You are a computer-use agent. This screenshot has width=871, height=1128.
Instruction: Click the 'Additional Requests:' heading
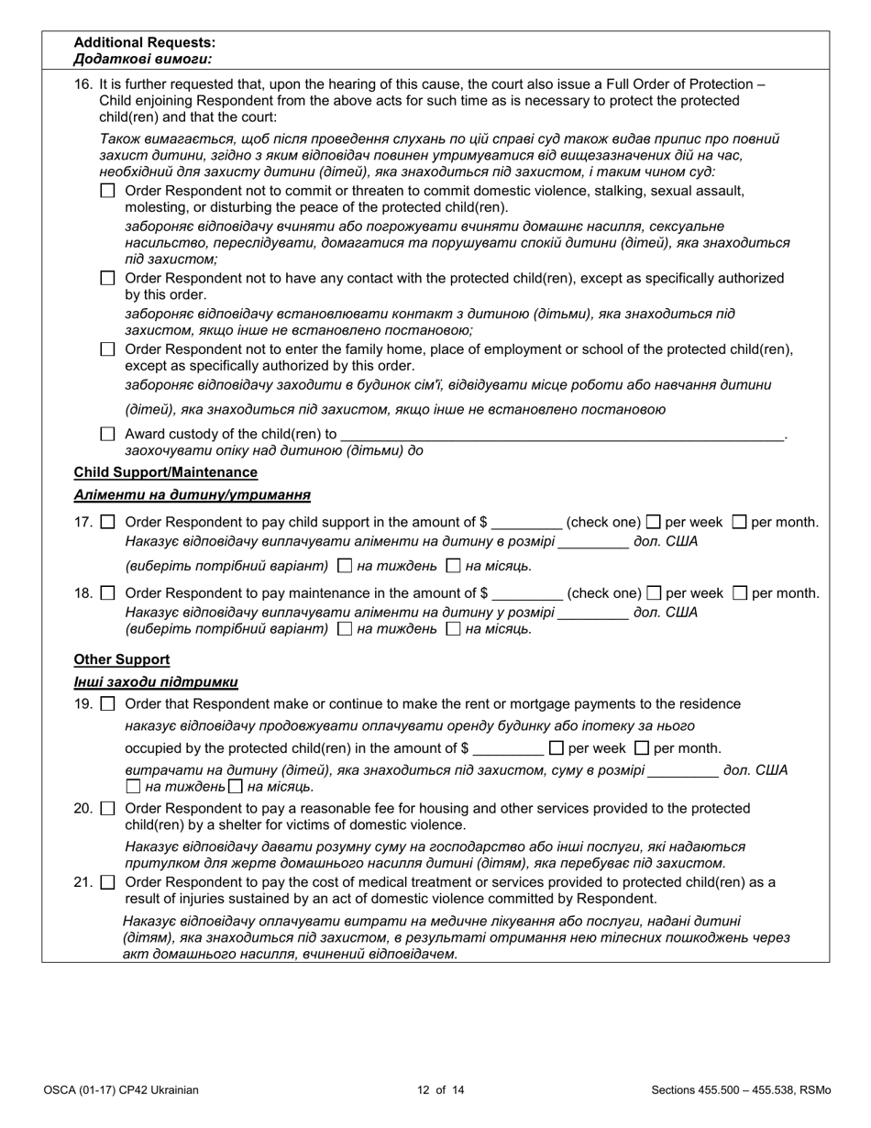145,42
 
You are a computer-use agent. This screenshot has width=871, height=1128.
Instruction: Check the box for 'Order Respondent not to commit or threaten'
108,192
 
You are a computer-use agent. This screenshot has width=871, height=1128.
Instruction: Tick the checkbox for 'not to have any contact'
108,278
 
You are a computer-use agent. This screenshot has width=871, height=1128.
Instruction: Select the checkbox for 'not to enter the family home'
108,349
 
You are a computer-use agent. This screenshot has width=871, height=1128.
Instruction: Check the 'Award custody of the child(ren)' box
108,434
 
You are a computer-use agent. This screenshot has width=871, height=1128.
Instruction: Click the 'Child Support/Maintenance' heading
165,472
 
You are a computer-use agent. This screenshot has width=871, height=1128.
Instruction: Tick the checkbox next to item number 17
108,523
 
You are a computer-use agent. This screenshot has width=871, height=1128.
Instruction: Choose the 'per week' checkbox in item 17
654,523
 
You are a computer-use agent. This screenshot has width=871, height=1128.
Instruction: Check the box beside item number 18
108,593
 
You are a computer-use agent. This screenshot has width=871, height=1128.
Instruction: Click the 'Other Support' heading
121,659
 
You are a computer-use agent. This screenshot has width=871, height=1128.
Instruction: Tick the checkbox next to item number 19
108,704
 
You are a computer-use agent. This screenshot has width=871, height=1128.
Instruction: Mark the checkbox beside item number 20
108,809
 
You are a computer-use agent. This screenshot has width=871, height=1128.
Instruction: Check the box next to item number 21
108,883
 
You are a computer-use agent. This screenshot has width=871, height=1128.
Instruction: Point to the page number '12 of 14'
440,1090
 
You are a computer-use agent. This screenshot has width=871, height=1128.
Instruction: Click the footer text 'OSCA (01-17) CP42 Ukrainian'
120,1090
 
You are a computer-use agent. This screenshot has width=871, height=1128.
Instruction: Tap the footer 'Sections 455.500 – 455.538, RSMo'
741,1090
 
